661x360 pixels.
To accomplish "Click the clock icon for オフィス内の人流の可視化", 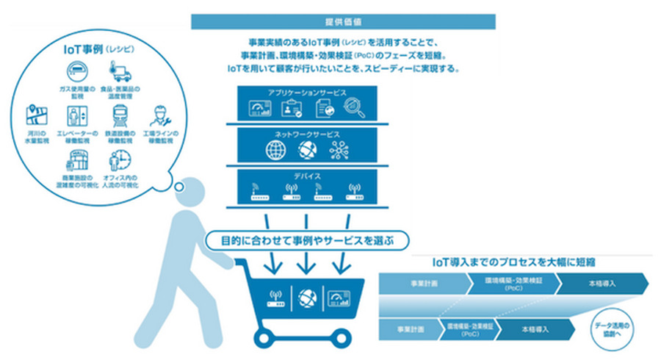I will tap(119, 161).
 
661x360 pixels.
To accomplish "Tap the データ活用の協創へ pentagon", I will tap(615, 328).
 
